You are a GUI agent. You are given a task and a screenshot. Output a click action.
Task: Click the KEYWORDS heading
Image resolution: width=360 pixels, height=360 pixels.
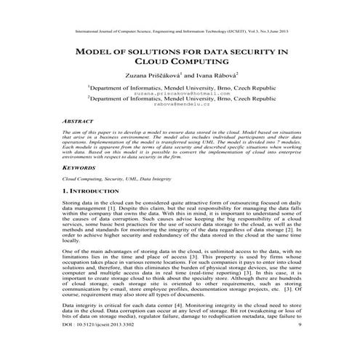click(x=80, y=167)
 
